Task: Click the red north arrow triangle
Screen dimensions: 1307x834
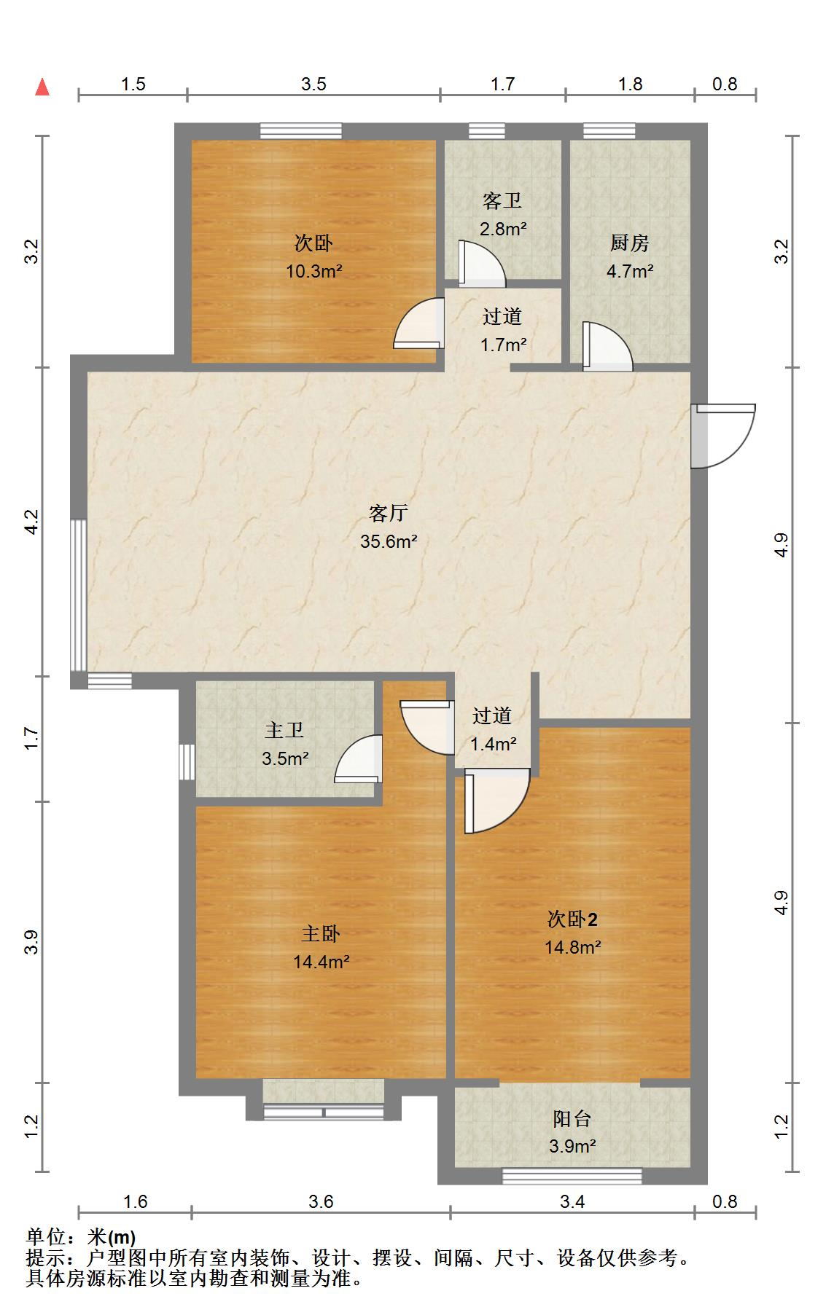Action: click(x=43, y=87)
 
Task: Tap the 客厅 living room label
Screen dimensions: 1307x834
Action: click(x=388, y=514)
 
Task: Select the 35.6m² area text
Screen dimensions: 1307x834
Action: click(x=389, y=541)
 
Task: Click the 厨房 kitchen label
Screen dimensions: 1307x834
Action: click(x=629, y=243)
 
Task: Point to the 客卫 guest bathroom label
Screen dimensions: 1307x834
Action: click(x=502, y=201)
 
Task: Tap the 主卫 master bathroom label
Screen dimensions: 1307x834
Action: click(x=284, y=730)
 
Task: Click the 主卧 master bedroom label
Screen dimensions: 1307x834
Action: click(x=321, y=934)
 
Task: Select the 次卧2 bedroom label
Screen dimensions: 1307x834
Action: click(x=572, y=919)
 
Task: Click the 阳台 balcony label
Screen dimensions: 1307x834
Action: click(x=572, y=1118)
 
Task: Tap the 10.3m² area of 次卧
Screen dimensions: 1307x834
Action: click(x=314, y=272)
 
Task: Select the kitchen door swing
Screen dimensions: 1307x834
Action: click(x=607, y=347)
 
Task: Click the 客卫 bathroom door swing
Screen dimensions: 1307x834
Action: click(x=480, y=264)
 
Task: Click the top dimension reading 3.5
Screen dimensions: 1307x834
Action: click(x=313, y=84)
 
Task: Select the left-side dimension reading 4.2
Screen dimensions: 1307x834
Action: click(x=31, y=522)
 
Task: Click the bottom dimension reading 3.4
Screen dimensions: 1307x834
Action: click(x=572, y=1201)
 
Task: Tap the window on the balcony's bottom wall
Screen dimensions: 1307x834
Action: click(x=572, y=1176)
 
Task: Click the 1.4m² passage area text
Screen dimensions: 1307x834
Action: click(x=494, y=744)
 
